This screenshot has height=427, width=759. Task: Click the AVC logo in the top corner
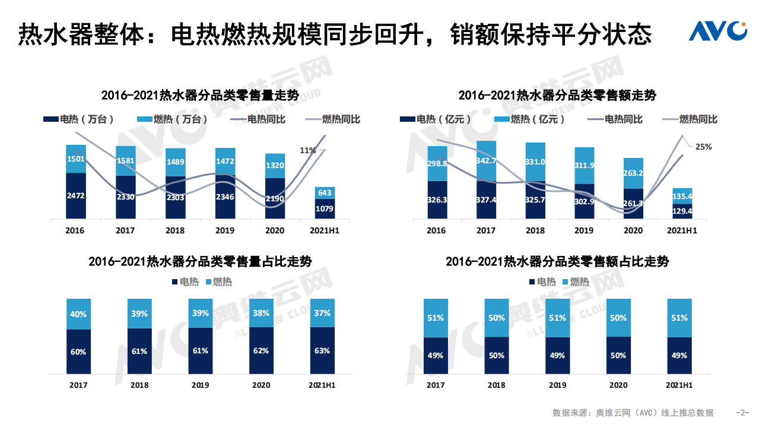coord(717,31)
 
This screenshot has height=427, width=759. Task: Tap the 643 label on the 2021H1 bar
coord(325,192)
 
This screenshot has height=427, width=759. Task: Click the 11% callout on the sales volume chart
coord(307,150)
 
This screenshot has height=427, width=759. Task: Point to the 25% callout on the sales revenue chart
coord(703,147)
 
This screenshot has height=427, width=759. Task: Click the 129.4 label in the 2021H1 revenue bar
coord(682,211)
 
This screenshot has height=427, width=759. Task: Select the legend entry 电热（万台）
coord(80,119)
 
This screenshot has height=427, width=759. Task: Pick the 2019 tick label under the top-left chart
coord(225,230)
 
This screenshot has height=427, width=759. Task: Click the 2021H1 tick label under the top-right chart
coord(682,230)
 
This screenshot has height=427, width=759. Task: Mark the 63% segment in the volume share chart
coord(322,351)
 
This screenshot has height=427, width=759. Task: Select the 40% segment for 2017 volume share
coord(78,314)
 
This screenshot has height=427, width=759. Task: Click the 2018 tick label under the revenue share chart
coord(497,385)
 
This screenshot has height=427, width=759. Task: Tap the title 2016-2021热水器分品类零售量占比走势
coord(200,261)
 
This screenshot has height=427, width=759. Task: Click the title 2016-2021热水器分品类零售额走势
coord(557,96)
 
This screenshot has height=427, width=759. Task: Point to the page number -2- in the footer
coord(742,413)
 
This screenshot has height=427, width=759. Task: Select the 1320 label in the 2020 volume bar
coord(275,166)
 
